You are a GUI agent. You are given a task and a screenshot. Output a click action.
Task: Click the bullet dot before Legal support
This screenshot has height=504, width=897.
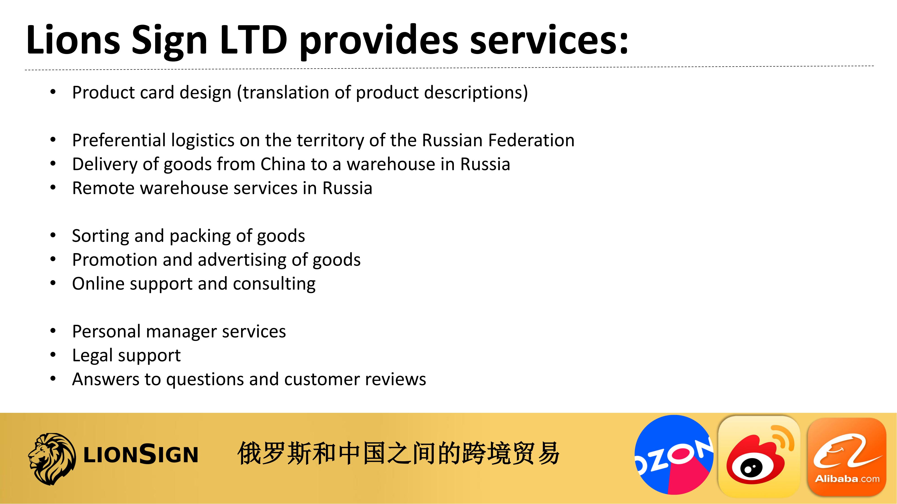[x=53, y=355]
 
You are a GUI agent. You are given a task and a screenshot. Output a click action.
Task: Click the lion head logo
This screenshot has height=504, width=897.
[x=52, y=459]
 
